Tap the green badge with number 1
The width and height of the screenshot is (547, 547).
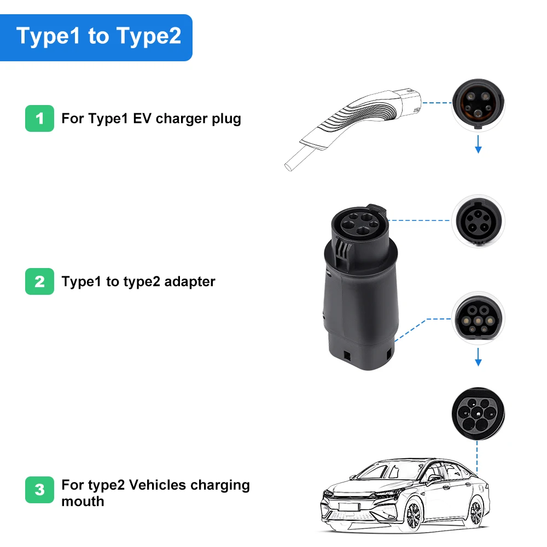39,118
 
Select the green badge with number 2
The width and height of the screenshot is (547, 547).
39,281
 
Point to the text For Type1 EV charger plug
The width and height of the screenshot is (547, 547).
151,119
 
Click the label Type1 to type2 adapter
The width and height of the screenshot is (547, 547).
138,282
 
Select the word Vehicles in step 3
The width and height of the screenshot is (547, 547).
161,485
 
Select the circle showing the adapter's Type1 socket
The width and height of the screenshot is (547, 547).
478,221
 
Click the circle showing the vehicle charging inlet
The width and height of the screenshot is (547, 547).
478,414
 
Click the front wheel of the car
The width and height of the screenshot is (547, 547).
414,515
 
